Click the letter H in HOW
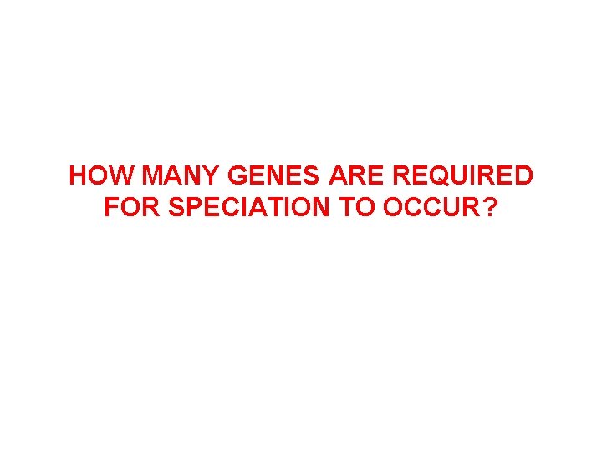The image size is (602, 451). pyautogui.click(x=78, y=176)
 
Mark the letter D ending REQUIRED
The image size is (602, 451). pyautogui.click(x=523, y=176)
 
